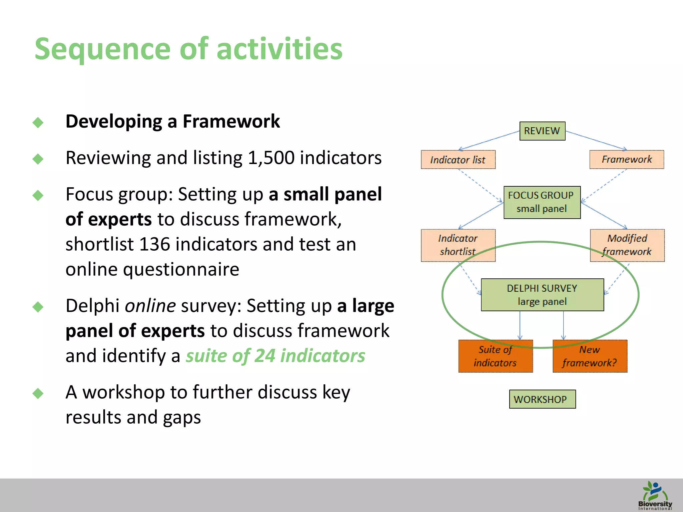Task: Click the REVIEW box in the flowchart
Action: click(x=542, y=131)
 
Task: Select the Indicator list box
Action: click(x=458, y=160)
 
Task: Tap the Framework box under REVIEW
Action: click(x=627, y=159)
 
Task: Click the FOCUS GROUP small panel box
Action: click(x=542, y=202)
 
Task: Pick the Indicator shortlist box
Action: click(x=458, y=245)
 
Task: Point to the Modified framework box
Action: click(x=627, y=245)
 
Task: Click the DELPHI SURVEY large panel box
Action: click(x=542, y=295)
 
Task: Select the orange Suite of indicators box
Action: click(x=495, y=356)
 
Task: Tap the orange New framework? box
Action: click(x=590, y=356)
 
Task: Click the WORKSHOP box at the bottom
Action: click(x=542, y=399)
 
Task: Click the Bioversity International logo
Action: click(x=655, y=495)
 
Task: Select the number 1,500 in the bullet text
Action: click(x=271, y=158)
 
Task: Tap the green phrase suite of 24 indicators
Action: click(x=275, y=356)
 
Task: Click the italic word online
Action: click(x=150, y=306)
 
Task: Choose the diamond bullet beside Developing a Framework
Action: click(x=38, y=122)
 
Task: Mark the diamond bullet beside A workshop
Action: click(x=38, y=393)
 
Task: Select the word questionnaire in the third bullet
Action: click(x=181, y=269)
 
